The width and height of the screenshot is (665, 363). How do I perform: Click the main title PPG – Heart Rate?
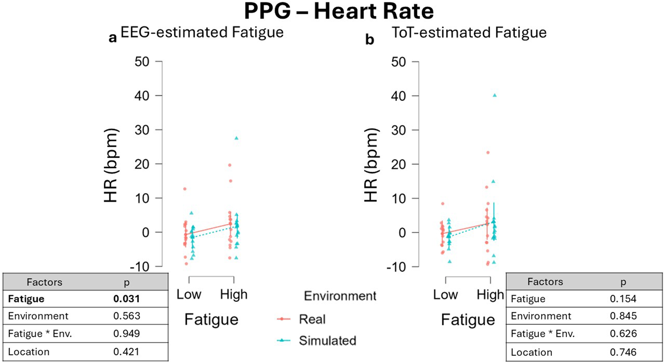(x=338, y=12)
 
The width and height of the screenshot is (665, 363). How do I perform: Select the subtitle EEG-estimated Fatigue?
(x=202, y=32)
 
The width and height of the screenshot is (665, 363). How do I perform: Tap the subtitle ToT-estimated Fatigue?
(x=469, y=32)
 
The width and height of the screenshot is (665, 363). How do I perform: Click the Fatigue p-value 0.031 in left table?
(x=126, y=299)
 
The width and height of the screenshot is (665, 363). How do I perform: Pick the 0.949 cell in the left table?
(x=126, y=334)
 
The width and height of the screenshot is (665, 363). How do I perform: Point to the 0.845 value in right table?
(x=623, y=316)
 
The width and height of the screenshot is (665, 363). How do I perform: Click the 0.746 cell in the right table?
(x=623, y=352)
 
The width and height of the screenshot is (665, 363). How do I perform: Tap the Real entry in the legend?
(x=312, y=319)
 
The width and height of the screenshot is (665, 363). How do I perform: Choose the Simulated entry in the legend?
(x=327, y=340)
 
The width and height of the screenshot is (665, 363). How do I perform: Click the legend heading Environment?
(x=340, y=296)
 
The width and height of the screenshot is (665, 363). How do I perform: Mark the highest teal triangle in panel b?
(x=495, y=95)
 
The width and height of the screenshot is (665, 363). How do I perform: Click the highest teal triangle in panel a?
(x=236, y=138)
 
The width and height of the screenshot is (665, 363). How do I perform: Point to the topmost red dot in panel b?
(x=488, y=152)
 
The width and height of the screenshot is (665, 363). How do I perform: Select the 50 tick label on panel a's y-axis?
(x=142, y=62)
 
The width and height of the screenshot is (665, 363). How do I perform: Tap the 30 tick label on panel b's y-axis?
(x=398, y=130)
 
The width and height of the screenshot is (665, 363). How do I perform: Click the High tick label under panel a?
(x=234, y=294)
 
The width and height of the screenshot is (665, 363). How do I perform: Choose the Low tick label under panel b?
(x=445, y=295)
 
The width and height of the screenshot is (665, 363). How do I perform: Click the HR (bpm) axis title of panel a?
(x=110, y=165)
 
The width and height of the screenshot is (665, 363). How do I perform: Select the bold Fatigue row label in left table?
(x=26, y=299)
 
